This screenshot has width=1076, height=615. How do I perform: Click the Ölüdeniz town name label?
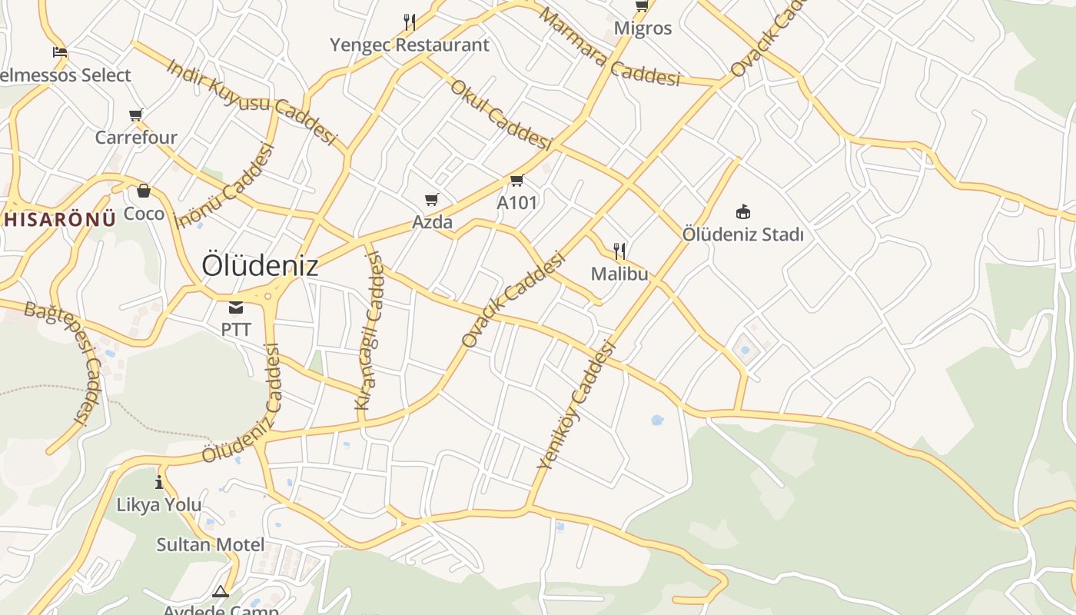260,265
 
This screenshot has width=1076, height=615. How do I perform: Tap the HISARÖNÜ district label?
58,218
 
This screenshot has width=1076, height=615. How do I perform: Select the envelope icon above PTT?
236,308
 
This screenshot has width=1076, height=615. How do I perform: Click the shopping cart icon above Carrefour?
136,115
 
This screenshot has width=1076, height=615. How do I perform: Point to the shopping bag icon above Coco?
144,191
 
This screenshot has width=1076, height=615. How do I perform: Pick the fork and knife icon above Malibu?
619,251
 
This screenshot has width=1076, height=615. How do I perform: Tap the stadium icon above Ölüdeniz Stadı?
742,211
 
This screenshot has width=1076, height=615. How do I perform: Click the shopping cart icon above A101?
516,181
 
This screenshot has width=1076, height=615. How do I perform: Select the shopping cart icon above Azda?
432,200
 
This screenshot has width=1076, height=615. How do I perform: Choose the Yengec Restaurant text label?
410,45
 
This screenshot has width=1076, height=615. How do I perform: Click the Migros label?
643,28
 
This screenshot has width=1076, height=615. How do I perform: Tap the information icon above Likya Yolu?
159,482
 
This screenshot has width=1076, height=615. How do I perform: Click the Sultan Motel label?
211,545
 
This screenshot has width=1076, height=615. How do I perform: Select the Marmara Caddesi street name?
609,48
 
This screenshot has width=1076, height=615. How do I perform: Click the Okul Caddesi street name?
501,115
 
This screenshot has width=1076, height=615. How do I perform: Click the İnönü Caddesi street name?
225,187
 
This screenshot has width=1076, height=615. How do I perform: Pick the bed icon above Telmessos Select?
60,52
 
